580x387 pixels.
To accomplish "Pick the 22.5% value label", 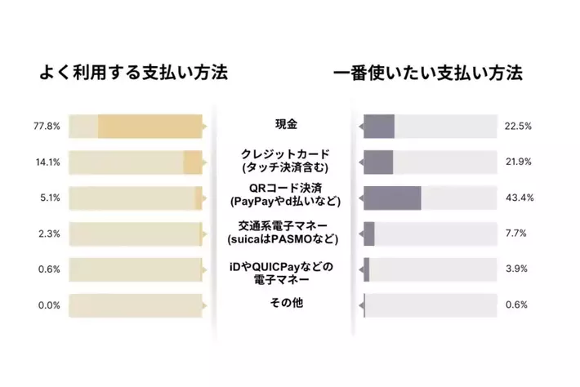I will tap(519, 127).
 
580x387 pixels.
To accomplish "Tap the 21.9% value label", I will tap(519, 162).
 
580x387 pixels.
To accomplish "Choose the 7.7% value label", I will tap(516, 234).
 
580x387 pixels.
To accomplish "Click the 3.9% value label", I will tap(516, 269).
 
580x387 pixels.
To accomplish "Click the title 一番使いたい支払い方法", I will tap(428, 73).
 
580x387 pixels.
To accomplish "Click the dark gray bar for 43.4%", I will tap(392, 198).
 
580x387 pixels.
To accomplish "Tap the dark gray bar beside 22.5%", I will tap(379, 127).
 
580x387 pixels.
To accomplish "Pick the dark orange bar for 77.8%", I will tap(149, 127).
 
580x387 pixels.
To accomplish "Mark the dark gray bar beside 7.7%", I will tap(369, 234).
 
